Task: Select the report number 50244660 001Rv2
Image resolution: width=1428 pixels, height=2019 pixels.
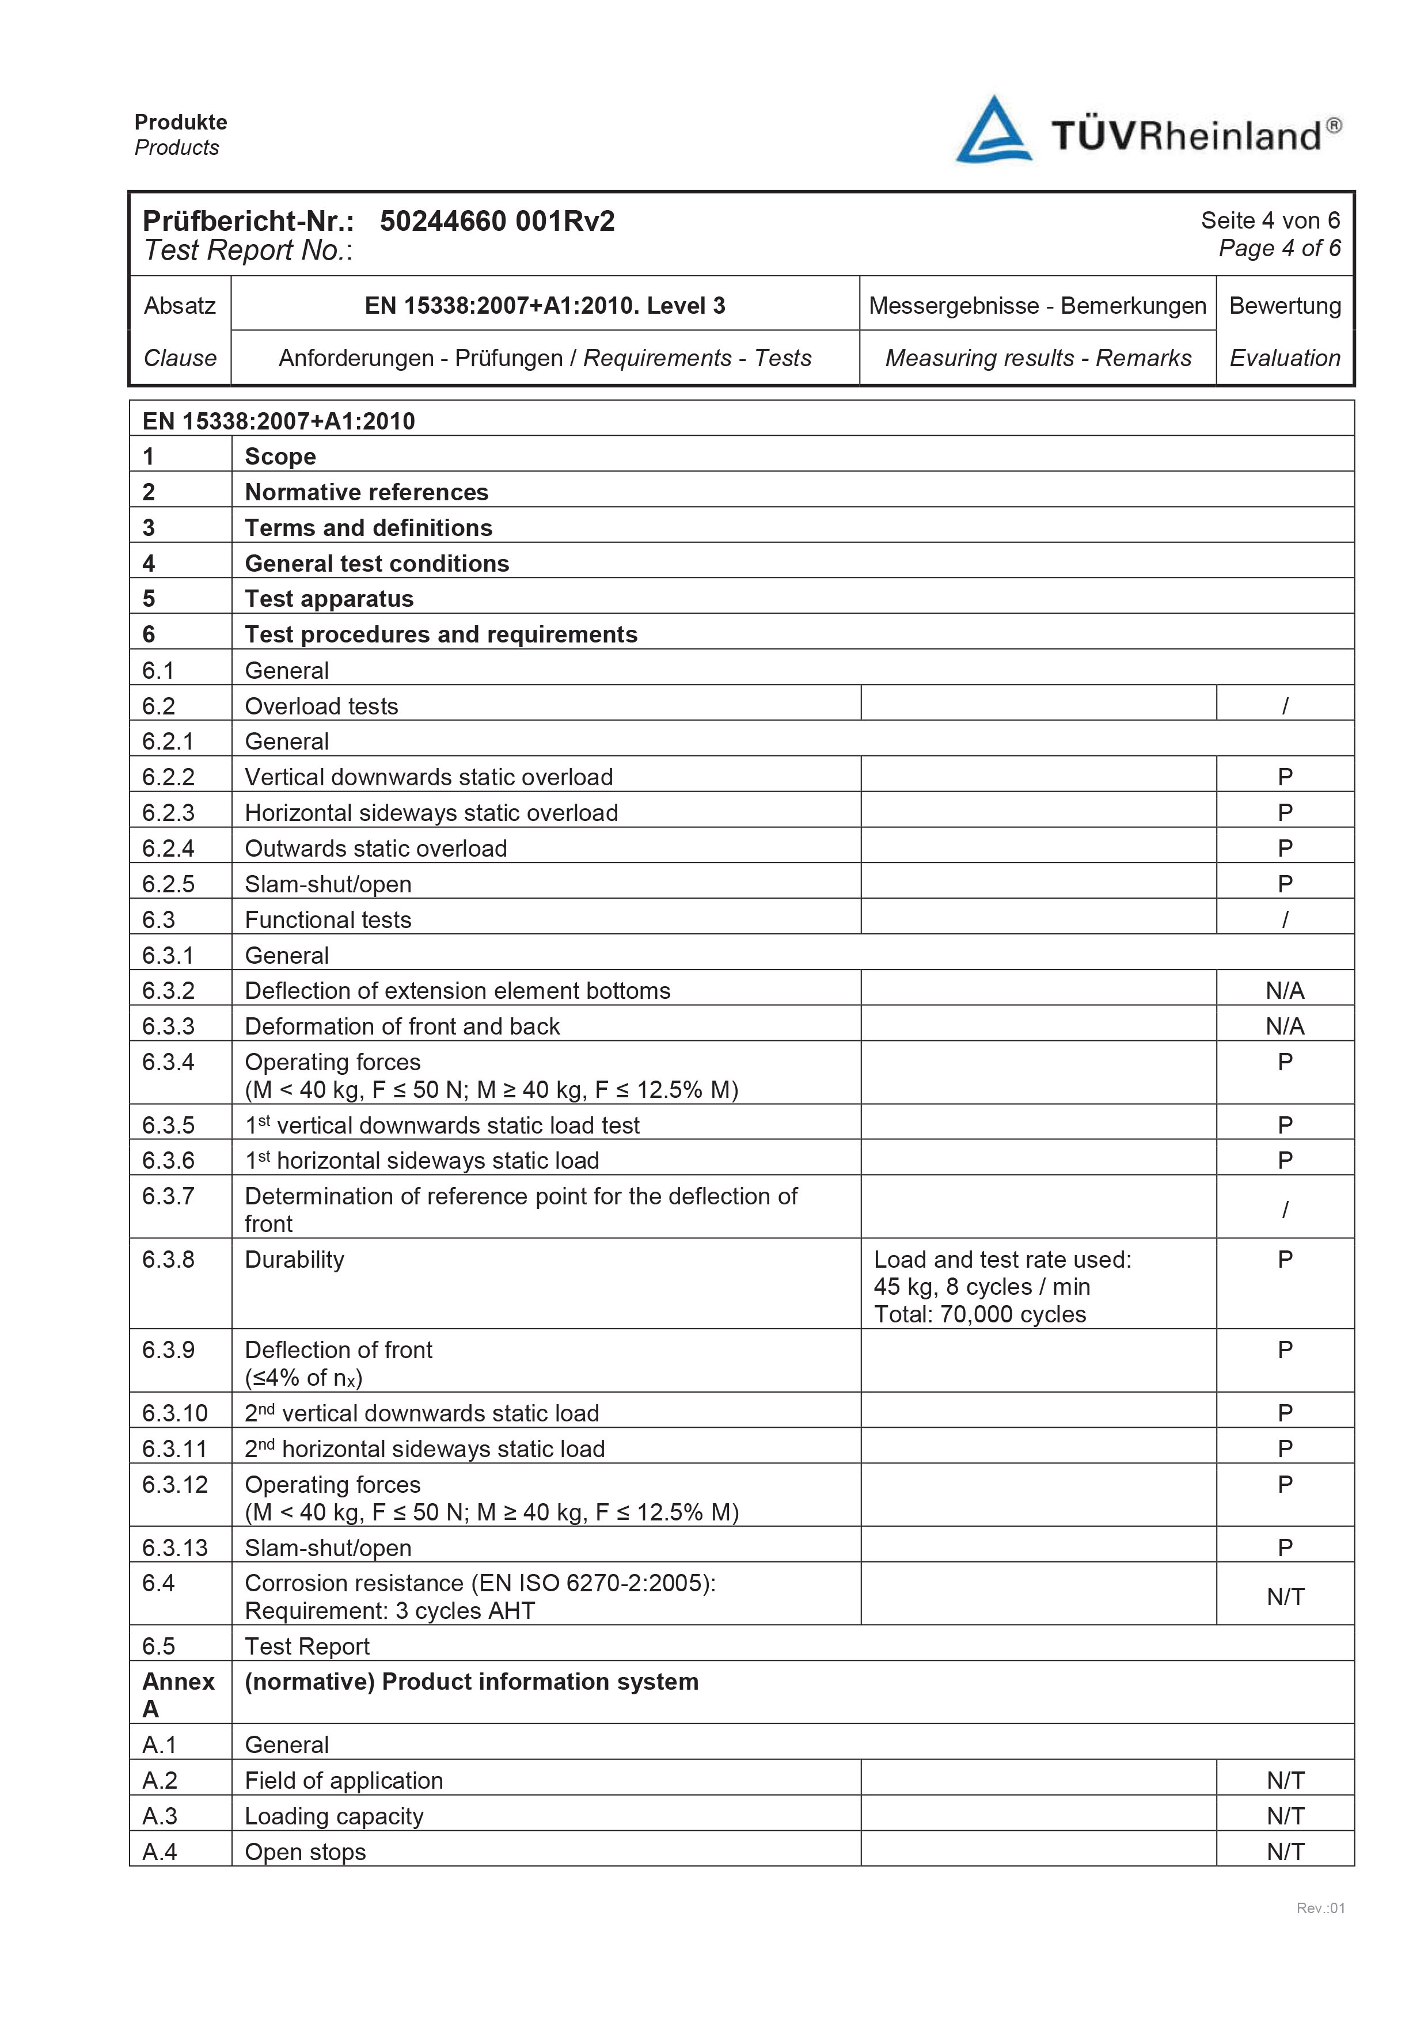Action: click(497, 220)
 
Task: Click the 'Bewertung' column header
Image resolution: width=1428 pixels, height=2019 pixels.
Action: click(1285, 306)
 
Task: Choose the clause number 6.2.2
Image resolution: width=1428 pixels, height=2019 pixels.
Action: click(169, 777)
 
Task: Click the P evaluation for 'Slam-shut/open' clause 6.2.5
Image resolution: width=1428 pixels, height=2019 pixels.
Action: click(1285, 884)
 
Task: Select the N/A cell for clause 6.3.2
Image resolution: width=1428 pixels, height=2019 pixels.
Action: click(1285, 991)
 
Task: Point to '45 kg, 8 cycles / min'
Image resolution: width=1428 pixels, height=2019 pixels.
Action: click(981, 1287)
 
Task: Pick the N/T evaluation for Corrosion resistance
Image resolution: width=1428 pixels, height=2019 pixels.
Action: click(1285, 1597)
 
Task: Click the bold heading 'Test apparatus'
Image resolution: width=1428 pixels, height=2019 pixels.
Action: click(329, 599)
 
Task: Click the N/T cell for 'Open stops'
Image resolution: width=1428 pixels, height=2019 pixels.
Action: click(1285, 1852)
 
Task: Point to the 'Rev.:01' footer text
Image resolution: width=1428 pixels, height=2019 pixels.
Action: click(1320, 1932)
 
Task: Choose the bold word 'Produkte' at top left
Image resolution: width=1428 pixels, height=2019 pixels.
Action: click(180, 122)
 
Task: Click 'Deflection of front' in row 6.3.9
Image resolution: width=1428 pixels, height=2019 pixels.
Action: click(339, 1350)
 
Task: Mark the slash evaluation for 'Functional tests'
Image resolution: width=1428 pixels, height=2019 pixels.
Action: click(1285, 920)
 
